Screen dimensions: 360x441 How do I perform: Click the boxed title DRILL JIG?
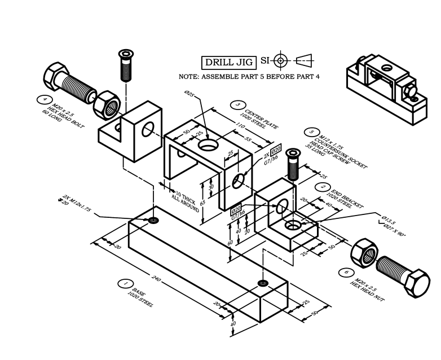click(x=229, y=62)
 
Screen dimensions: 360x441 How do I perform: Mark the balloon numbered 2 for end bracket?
click(x=323, y=187)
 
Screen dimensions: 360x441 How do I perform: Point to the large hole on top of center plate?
click(x=208, y=144)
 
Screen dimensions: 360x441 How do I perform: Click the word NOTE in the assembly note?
click(x=188, y=76)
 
